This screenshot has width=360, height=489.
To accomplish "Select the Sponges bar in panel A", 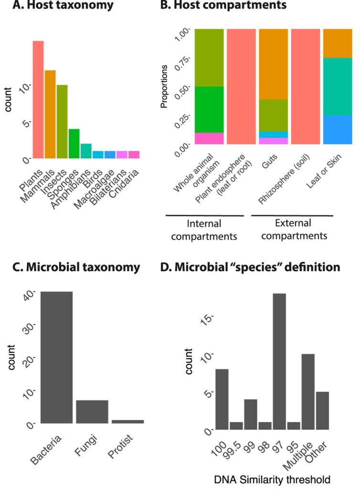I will [74, 143].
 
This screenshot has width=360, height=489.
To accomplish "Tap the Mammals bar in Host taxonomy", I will [50, 114].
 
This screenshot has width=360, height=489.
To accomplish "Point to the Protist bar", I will [127, 421].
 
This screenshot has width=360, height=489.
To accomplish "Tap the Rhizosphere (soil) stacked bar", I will [305, 86].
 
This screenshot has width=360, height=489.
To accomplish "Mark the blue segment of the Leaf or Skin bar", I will [337, 129].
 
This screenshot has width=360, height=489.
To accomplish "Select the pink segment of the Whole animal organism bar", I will [210, 138].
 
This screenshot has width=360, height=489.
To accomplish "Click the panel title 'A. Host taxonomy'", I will [66, 6].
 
